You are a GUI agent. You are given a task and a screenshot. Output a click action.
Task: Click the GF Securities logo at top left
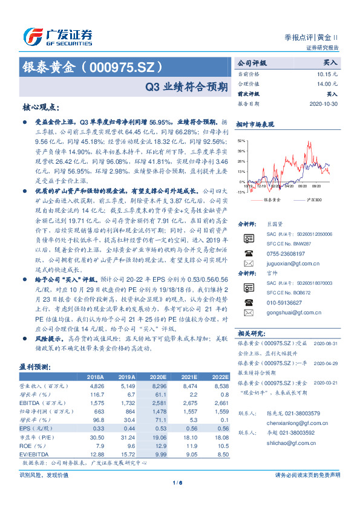[x=57, y=36]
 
